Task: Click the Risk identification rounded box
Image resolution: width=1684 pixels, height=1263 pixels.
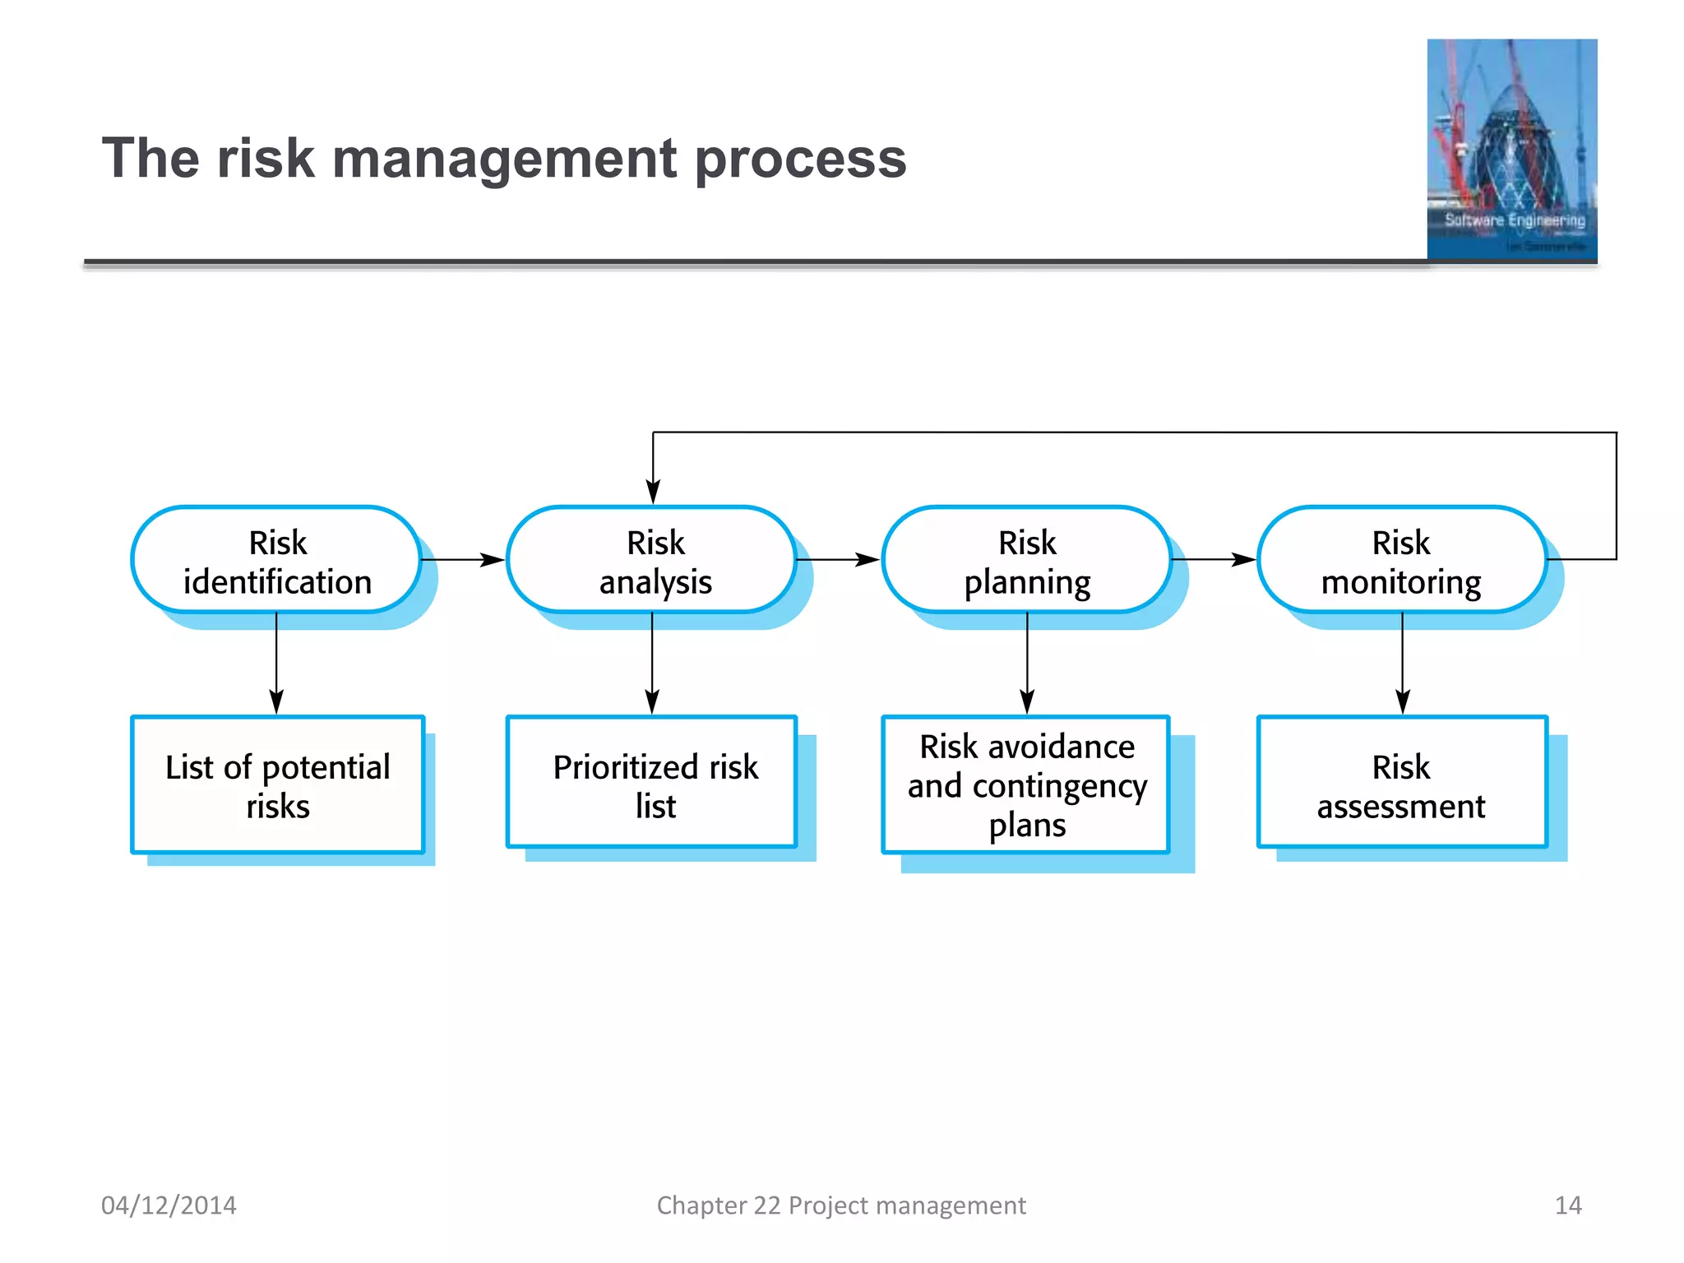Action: [277, 561]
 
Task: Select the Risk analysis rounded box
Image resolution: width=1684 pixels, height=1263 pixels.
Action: [653, 561]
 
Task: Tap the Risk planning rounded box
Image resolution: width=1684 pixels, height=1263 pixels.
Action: [1027, 561]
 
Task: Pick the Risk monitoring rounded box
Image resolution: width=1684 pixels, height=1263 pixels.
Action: [1402, 561]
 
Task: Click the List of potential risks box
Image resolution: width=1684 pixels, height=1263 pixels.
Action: [278, 785]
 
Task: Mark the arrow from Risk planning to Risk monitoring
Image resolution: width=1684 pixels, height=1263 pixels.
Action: [1214, 560]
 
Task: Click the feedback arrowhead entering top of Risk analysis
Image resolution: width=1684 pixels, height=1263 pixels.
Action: [653, 492]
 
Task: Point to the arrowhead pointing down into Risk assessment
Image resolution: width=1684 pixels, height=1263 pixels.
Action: [1403, 701]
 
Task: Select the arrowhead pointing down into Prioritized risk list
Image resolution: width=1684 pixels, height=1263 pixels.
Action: [652, 701]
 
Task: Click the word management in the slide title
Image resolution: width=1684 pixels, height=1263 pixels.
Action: [505, 159]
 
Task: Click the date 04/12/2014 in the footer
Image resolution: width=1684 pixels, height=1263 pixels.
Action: [169, 1205]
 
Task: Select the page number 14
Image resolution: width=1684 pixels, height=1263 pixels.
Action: [1567, 1205]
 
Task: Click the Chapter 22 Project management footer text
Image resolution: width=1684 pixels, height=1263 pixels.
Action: [840, 1205]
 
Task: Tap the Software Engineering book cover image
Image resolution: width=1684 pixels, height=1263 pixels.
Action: [1511, 150]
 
